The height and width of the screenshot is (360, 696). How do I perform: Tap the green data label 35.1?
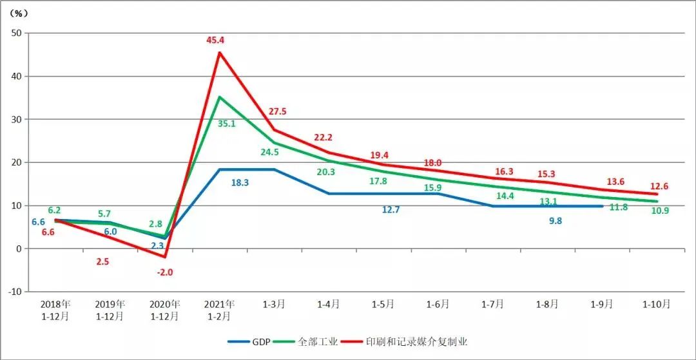point(226,124)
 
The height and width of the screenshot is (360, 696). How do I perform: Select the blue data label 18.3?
point(240,183)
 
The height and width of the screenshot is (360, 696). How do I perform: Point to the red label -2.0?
point(164,272)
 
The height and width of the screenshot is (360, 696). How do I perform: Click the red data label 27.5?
point(277,111)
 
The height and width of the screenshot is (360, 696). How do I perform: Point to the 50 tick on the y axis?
point(16,33)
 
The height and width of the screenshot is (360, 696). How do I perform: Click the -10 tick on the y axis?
point(14,292)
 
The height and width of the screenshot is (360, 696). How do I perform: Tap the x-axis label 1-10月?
point(657,304)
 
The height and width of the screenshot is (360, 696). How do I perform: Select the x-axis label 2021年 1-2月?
point(219,310)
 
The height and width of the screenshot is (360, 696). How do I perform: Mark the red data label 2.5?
point(102,262)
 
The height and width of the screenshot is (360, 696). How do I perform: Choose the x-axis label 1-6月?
point(438,304)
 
